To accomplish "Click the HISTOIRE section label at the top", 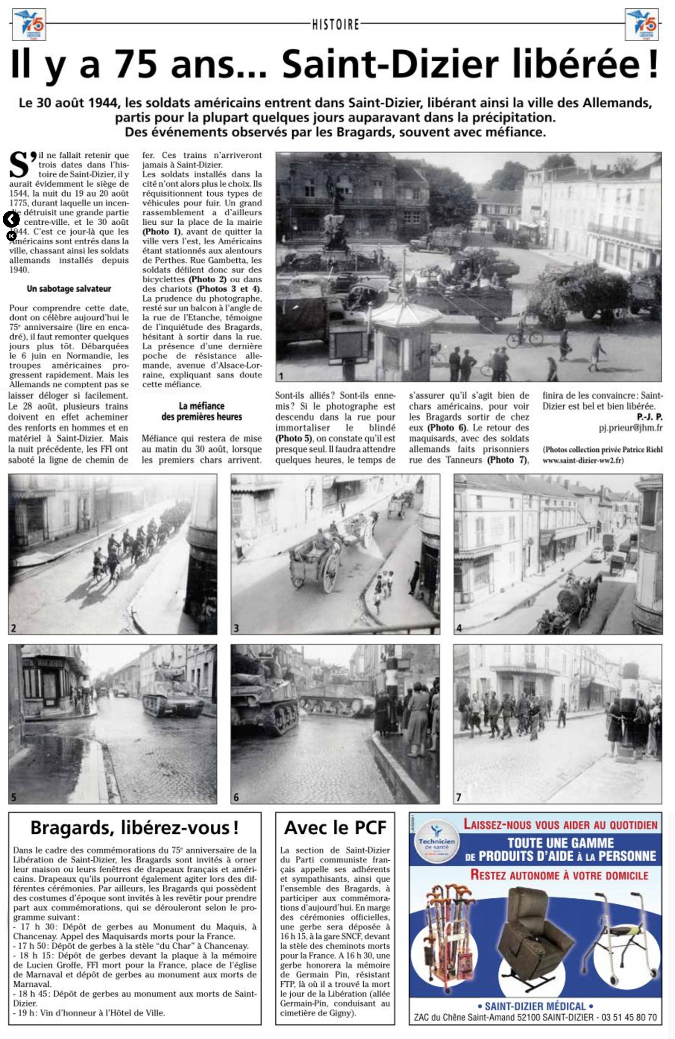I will point(336,24).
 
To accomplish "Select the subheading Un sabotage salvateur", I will point(69,289).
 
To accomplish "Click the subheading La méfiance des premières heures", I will point(201,411).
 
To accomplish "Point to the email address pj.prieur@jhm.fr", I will point(631,427).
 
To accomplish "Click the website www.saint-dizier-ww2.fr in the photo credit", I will point(582,460).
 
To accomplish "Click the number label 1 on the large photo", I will point(281,376).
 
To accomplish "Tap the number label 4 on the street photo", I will point(459,628).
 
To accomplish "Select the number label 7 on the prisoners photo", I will point(459,797).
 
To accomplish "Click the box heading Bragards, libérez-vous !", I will point(134,827).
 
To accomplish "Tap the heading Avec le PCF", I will point(335,827).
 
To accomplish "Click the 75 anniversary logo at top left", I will point(28,24).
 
